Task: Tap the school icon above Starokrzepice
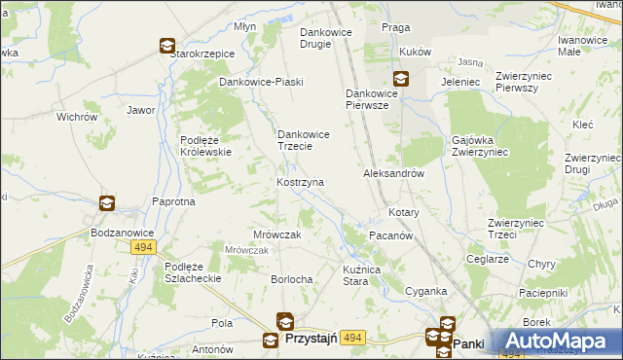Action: click(166, 45)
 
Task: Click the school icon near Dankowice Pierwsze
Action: click(400, 79)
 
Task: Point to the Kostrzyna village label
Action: click(300, 182)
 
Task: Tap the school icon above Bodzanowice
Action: click(106, 203)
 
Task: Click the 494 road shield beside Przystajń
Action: click(352, 338)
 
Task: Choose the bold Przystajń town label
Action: click(311, 339)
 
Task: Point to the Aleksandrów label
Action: click(393, 173)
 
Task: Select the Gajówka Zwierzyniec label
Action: click(480, 146)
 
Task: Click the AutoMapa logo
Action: click(559, 341)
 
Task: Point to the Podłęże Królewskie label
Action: click(204, 145)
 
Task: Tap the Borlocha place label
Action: click(291, 279)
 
